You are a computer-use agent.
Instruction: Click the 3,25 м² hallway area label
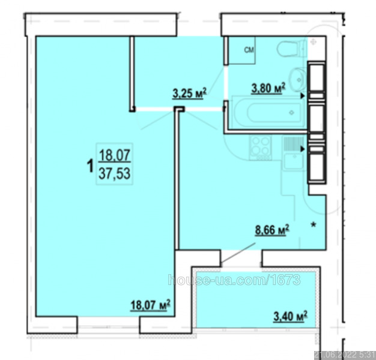(x=189, y=94)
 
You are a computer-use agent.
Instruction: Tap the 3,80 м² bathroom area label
(x=268, y=88)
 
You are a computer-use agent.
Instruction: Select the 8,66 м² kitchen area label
(x=272, y=230)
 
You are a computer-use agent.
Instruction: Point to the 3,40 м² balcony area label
(x=290, y=316)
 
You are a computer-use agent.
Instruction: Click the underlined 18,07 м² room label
(x=150, y=305)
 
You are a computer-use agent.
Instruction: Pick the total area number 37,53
(x=115, y=173)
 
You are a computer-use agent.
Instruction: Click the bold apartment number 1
(x=90, y=166)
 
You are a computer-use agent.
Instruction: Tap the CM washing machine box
(x=241, y=50)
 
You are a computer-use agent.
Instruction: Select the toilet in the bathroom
(x=291, y=49)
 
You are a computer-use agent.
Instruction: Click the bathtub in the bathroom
(x=269, y=112)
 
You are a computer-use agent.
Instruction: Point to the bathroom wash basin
(x=298, y=80)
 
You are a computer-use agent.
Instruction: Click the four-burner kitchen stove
(x=260, y=148)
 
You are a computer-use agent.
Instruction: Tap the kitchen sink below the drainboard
(x=294, y=161)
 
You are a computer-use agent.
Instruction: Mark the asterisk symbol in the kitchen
(x=314, y=225)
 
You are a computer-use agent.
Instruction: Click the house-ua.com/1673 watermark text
(x=234, y=280)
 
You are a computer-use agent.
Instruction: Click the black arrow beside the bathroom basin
(x=303, y=96)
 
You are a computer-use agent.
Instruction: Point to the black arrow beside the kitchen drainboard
(x=303, y=149)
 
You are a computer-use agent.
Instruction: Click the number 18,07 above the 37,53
(x=115, y=155)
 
